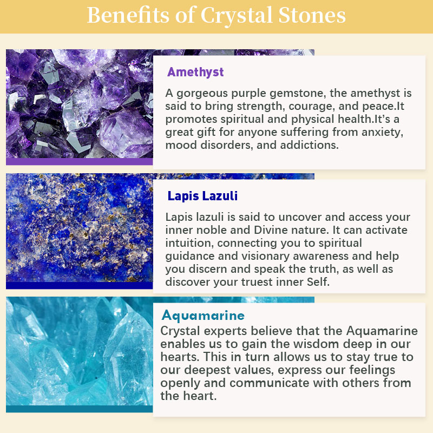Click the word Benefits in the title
(128, 15)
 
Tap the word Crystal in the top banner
(237, 16)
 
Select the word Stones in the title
(312, 15)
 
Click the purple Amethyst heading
(195, 73)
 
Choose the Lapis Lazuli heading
(202, 196)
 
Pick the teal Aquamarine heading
(203, 316)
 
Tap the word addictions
(309, 145)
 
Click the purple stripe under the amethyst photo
(79, 161)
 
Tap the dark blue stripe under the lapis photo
(79, 286)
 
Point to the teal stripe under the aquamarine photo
(79, 409)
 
